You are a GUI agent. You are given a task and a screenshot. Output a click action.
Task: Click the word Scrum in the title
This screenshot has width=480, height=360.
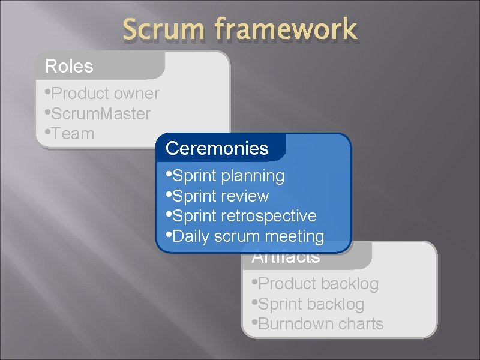[160, 29]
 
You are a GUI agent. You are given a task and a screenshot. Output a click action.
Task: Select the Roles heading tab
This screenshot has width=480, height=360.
[70, 66]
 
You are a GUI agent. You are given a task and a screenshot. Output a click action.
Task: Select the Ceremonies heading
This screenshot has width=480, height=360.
[217, 148]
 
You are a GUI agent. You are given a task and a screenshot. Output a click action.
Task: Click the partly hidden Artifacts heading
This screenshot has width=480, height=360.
[286, 259]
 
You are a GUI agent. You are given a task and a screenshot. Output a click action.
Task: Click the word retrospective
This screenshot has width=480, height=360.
[269, 216]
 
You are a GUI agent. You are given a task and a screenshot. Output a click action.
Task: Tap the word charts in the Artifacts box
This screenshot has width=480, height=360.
[360, 324]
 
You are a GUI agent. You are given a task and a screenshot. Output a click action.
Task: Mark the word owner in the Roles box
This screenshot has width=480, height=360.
[137, 94]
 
